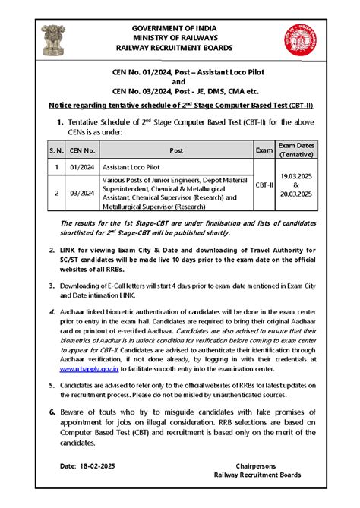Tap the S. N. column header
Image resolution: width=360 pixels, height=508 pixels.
click(x=56, y=150)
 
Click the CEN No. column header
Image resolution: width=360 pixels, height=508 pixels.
click(x=85, y=150)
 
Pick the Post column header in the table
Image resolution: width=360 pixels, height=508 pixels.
click(x=176, y=150)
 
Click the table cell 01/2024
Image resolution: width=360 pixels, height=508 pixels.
click(x=85, y=166)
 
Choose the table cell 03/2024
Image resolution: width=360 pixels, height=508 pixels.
click(x=85, y=193)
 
